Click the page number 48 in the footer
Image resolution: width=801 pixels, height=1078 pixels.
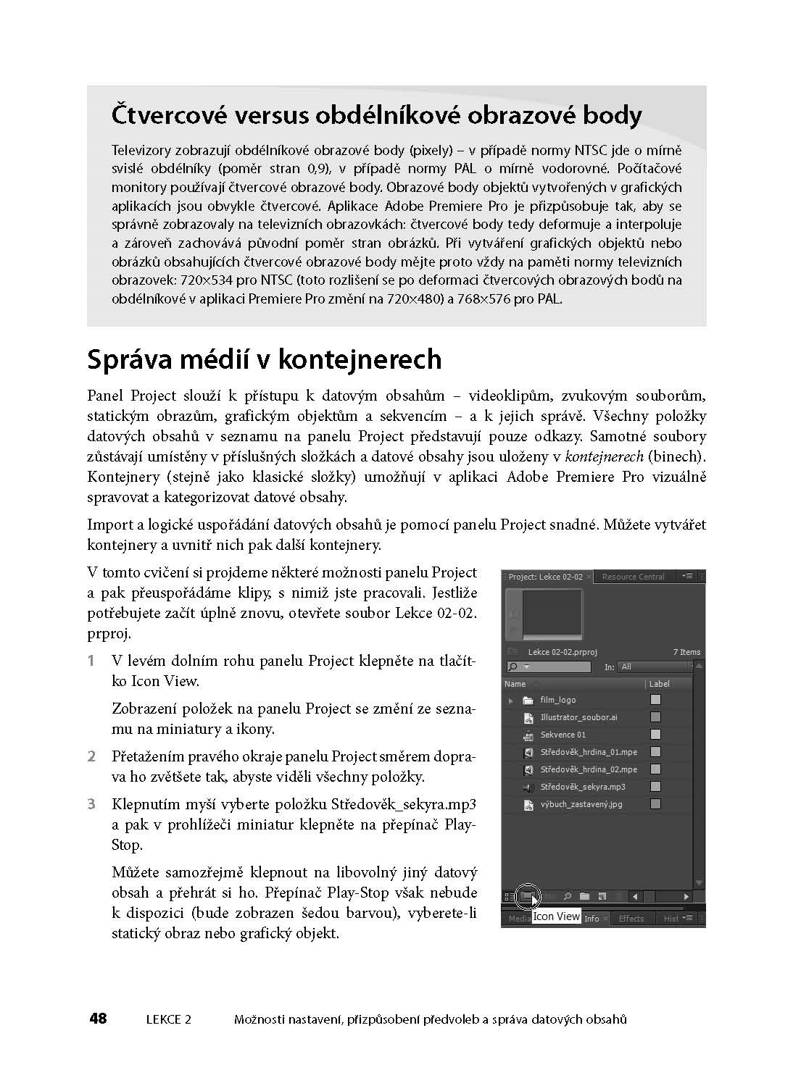click(98, 1019)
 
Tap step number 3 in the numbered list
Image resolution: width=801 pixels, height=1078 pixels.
click(91, 804)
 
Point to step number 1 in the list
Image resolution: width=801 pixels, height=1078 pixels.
click(91, 661)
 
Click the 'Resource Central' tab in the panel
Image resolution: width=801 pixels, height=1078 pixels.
click(633, 577)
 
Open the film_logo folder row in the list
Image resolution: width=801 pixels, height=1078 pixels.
click(557, 700)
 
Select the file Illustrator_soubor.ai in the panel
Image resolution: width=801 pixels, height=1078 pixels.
click(578, 717)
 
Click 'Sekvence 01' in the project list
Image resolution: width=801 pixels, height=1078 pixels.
click(563, 735)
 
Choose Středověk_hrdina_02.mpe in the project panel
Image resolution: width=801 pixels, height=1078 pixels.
click(589, 769)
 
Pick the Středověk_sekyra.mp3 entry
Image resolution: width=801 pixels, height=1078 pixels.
click(582, 787)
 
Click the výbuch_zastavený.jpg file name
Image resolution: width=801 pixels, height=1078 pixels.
click(581, 804)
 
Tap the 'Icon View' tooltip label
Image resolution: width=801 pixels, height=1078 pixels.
click(557, 916)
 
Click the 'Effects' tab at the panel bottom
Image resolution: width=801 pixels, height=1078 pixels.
click(631, 919)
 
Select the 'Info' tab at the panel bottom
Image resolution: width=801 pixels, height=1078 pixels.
click(592, 919)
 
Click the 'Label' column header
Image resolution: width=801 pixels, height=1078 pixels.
click(659, 684)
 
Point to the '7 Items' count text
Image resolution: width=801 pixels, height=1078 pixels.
click(686, 652)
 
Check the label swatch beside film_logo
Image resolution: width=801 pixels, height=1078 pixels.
click(655, 700)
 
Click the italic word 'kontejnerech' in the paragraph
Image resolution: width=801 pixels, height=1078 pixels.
click(603, 456)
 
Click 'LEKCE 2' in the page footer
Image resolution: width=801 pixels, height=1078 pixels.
click(168, 1019)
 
